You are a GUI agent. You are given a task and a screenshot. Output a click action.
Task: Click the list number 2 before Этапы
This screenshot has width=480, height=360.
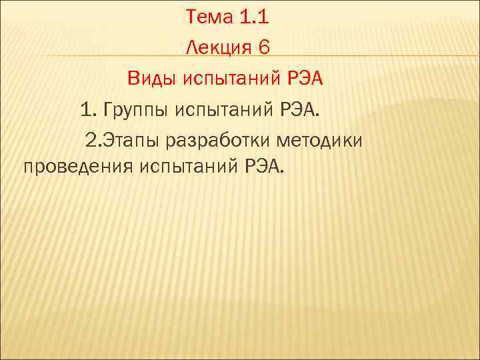pyautogui.click(x=91, y=141)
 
